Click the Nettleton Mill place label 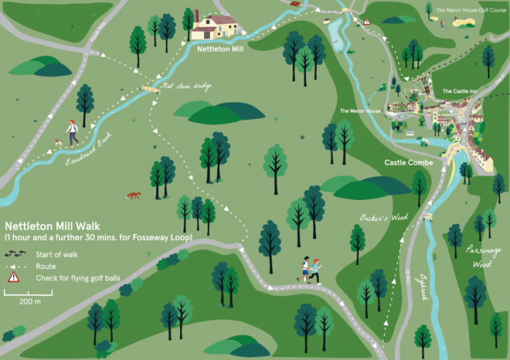click(x=221, y=48)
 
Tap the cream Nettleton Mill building click(x=216, y=27)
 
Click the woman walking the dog click(x=71, y=132)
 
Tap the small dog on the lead click(x=59, y=142)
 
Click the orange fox click(x=134, y=195)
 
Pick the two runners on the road click(x=309, y=269)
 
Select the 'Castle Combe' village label click(x=408, y=163)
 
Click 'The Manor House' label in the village click(x=360, y=111)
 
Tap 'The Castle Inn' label click(x=456, y=91)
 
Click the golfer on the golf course click(x=442, y=24)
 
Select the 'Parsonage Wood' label click(x=483, y=256)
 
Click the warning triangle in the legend click(x=13, y=278)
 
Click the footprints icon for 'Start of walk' click(x=13, y=254)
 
